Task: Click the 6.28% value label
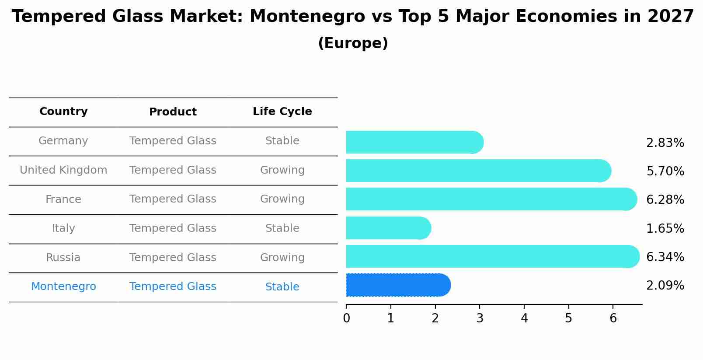coord(665,200)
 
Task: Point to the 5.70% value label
coord(665,171)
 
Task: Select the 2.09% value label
coord(665,286)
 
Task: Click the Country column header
coord(63,112)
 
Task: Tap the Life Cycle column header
coord(282,112)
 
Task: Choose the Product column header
coord(173,112)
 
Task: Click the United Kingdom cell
coord(63,170)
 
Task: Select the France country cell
coord(63,199)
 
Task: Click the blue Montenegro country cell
coord(63,287)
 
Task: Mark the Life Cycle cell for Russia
coord(282,258)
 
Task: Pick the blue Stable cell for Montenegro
coord(282,287)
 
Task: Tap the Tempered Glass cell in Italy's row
coord(173,228)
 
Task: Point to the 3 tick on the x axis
coord(480,318)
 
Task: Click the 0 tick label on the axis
coord(346,318)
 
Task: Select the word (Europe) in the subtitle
coord(353,43)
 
